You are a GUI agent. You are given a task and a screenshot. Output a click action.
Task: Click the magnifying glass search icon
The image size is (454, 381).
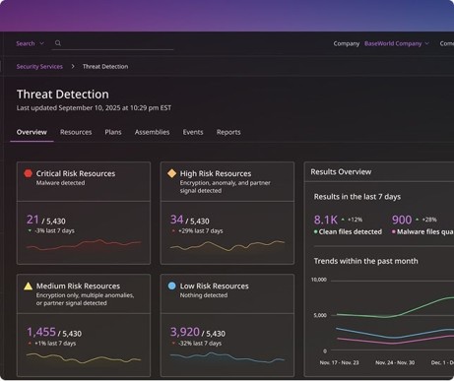[58, 43]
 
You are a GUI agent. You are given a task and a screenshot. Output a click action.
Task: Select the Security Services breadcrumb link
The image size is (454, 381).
[39, 67]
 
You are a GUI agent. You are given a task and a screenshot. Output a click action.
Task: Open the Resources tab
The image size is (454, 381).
[76, 132]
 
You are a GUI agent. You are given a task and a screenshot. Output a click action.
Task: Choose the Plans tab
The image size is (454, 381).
[113, 132]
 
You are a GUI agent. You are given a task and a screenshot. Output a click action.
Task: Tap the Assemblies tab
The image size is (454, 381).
[152, 132]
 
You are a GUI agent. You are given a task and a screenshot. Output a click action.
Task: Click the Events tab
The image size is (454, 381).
[193, 132]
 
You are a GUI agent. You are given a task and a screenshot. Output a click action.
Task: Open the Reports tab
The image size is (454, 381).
[228, 132]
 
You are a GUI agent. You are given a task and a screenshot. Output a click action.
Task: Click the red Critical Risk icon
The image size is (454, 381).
[29, 173]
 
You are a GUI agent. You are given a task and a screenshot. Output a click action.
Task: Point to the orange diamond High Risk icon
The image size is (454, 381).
[172, 173]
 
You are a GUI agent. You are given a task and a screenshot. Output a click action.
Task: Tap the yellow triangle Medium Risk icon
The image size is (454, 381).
[29, 286]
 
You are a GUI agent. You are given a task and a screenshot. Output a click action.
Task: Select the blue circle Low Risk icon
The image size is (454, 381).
[171, 286]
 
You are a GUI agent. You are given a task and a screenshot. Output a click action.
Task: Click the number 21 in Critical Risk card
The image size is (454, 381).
[32, 220]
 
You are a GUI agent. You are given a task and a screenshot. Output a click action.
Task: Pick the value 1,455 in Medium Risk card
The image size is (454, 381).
[41, 332]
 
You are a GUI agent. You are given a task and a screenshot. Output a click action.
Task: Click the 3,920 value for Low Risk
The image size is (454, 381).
[185, 332]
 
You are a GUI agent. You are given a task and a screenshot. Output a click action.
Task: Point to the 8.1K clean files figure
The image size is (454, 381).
[326, 220]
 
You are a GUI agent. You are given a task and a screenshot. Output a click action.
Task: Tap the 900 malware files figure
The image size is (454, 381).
[402, 220]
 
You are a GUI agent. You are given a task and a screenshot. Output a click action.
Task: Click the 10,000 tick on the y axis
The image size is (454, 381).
[319, 280]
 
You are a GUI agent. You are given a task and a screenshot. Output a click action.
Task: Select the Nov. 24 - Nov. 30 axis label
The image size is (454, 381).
[395, 362]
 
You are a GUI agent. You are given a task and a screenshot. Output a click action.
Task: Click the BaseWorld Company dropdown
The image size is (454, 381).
[397, 43]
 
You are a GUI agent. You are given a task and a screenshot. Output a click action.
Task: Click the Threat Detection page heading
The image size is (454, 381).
[63, 95]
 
